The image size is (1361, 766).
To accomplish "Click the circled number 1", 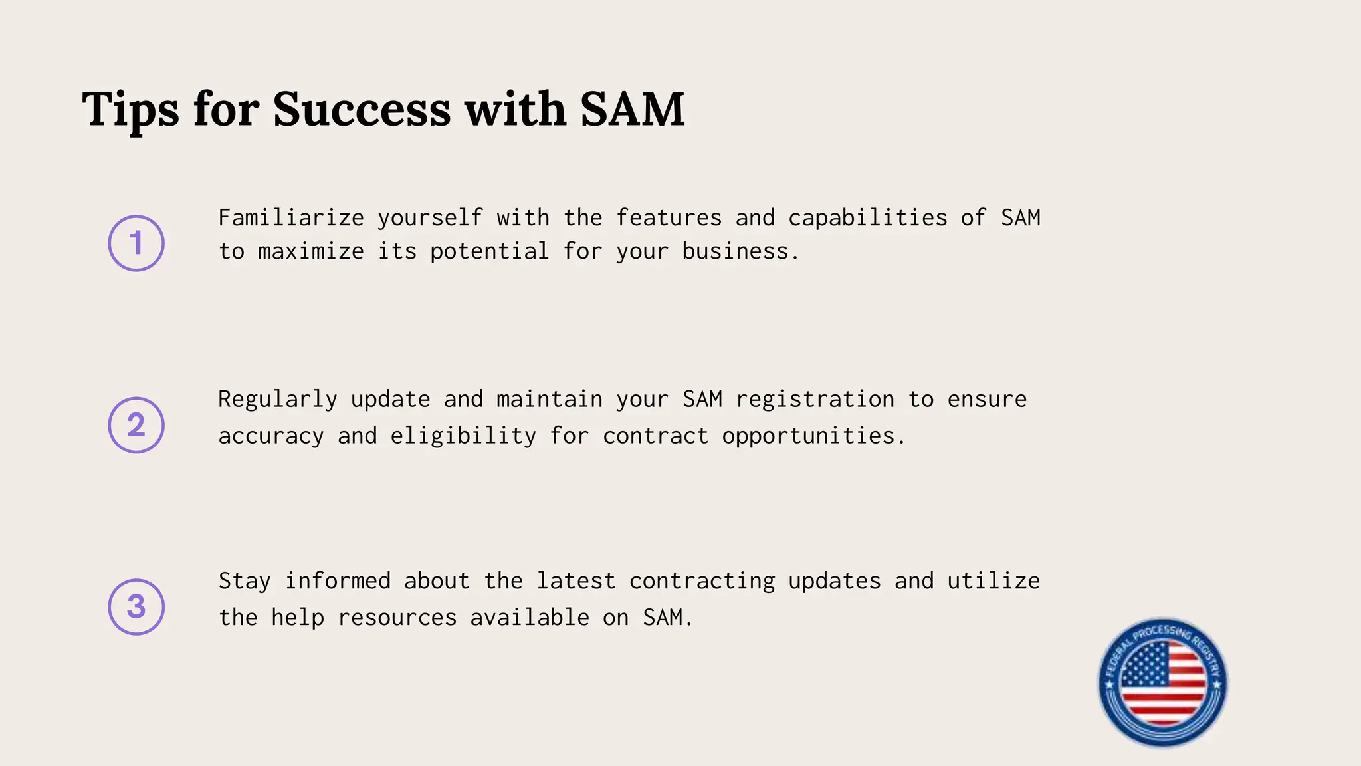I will pyautogui.click(x=136, y=243).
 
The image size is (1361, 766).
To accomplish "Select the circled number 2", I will pyautogui.click(x=136, y=425).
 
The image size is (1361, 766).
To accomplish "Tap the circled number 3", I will pyautogui.click(x=136, y=606).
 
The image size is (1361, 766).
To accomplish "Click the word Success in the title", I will pyautogui.click(x=362, y=109).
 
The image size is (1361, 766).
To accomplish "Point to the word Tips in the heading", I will pyautogui.click(x=130, y=109).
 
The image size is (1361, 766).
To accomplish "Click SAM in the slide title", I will pyautogui.click(x=632, y=109).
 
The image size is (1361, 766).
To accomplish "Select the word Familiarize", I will pyautogui.click(x=291, y=218).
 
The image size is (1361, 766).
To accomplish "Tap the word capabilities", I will pyautogui.click(x=867, y=218).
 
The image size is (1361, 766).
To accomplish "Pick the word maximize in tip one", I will pyautogui.click(x=311, y=251).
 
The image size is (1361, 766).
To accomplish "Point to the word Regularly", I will pyautogui.click(x=278, y=400).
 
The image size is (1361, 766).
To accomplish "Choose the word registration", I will pyautogui.click(x=815, y=400).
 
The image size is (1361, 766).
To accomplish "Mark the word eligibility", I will pyautogui.click(x=463, y=436).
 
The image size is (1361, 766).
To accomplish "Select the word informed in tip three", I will pyautogui.click(x=338, y=581).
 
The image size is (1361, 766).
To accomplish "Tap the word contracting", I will pyautogui.click(x=702, y=581).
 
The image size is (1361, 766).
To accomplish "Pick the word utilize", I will pyautogui.click(x=994, y=581).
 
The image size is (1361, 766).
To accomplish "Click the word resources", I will pyautogui.click(x=397, y=618).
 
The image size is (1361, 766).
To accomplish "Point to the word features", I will pyautogui.click(x=669, y=218).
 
